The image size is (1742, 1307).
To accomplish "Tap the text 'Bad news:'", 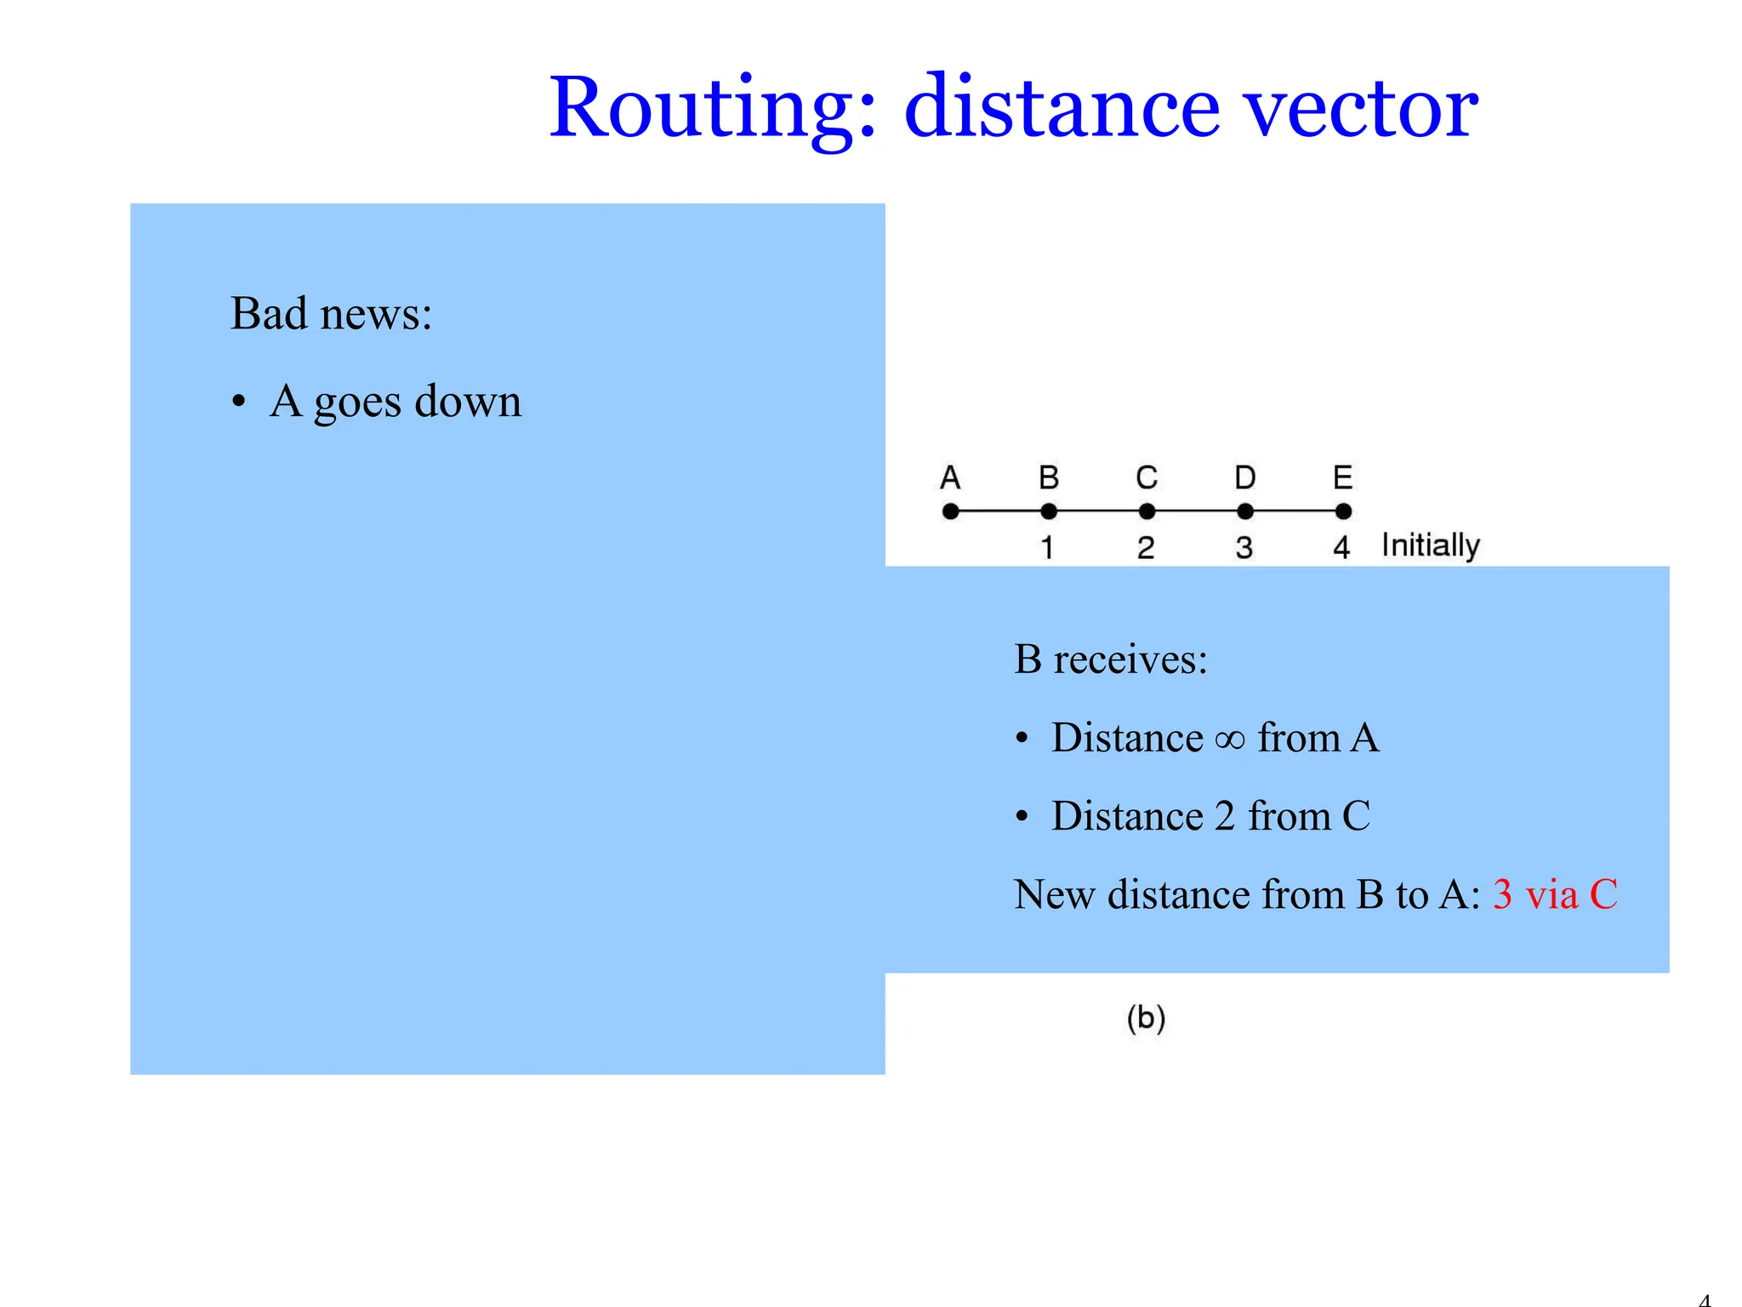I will pos(331,313).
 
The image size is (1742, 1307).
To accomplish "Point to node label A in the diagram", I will pos(950,477).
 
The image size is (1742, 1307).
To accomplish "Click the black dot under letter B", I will pos(1049,511).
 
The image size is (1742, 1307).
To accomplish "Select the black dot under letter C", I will pos(1147,511).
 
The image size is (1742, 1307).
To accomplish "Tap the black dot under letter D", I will pos(1245,511).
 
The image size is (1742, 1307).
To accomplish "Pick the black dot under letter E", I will pos(1343,511).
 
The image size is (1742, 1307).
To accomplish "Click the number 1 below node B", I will pos(1048,547).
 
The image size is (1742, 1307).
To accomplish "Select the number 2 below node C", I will pos(1146,547).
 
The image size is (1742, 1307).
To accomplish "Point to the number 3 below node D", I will pos(1244,547).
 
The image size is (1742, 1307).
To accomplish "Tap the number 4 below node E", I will pos(1342,547).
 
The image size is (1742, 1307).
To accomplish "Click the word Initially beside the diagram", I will pos(1431,545).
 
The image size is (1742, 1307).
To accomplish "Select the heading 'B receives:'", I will pos(1110,659).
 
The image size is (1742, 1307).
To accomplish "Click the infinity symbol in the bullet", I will pos(1230,739).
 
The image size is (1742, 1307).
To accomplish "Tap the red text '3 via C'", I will pos(1555,894).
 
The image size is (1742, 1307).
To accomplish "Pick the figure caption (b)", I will pos(1146,1018).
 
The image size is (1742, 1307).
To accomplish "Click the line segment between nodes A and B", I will pos(999,511).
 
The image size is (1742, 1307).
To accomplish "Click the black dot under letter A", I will pos(951,511).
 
